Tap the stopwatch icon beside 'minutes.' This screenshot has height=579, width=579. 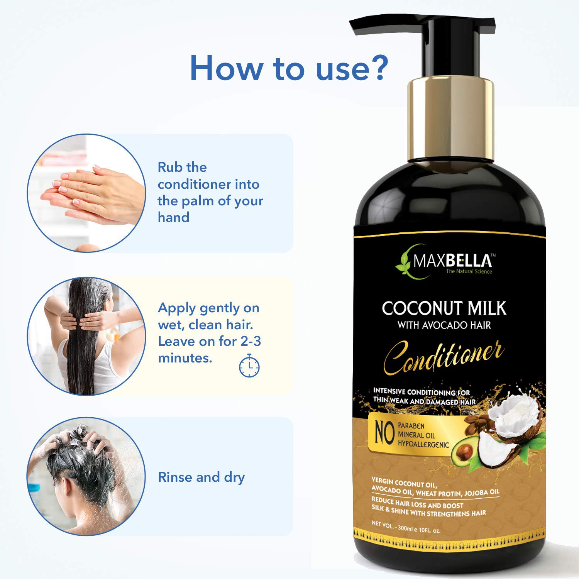point(249,365)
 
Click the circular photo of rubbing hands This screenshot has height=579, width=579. point(86,193)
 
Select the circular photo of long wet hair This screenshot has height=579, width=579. point(86,336)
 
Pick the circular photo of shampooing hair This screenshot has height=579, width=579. point(86,477)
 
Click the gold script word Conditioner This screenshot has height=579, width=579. point(444,357)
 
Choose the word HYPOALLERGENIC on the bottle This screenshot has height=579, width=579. point(423,444)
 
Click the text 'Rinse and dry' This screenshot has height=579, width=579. point(201,477)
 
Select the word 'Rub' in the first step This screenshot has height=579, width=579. point(170,167)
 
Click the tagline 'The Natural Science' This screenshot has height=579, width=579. point(469,271)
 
